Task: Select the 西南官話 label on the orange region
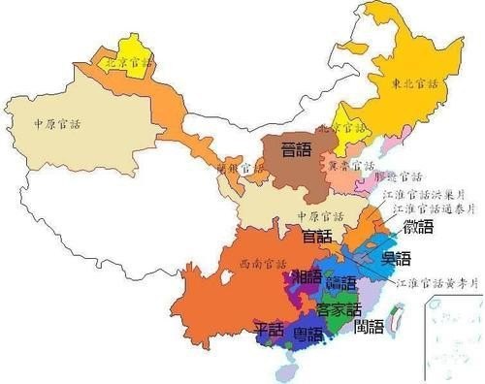255,264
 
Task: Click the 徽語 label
418,228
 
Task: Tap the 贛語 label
341,283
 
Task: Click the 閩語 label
369,327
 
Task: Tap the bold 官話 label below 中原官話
316,236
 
